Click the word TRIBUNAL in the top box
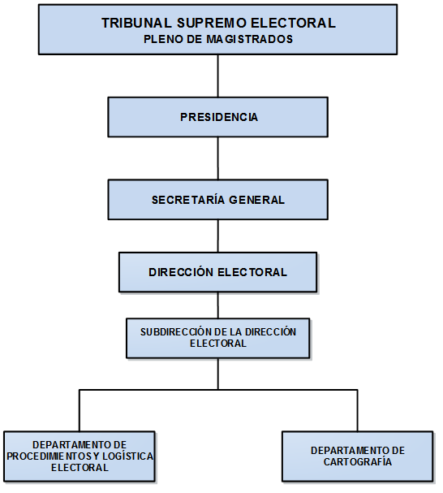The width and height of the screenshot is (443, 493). pos(136,23)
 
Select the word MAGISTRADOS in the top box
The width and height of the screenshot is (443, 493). pos(249,39)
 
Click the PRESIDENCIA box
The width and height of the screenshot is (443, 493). pos(218,117)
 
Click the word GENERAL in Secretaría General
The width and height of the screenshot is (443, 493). pos(256,200)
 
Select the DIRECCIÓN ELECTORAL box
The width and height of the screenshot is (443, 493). pos(218,272)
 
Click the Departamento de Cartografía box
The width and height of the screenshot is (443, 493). pos(358,456)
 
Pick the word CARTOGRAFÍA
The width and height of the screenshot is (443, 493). pos(358,462)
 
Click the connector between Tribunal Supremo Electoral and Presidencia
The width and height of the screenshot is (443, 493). pos(218,76)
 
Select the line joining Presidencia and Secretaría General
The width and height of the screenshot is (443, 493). pos(218,158)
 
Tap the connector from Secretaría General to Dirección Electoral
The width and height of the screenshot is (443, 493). pos(218,236)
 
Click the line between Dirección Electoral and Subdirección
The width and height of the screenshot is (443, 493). pos(218,305)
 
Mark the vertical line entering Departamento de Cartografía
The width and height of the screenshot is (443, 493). pos(358,411)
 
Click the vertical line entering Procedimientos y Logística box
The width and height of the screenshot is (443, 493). pos(80,411)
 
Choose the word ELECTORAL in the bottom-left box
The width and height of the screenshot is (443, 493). pos(80,468)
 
